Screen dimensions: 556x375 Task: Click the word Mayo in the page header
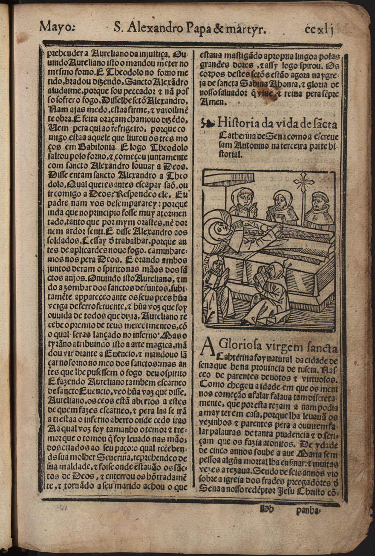[56, 27]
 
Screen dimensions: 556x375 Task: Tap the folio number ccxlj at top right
[319, 28]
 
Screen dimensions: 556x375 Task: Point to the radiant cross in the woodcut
[304, 182]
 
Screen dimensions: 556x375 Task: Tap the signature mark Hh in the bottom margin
[265, 508]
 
